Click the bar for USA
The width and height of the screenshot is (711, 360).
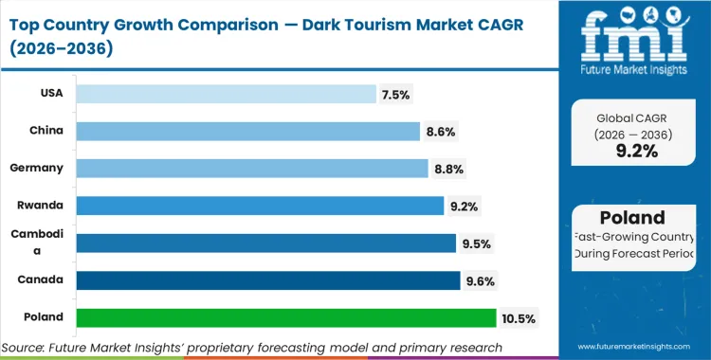coord(226,93)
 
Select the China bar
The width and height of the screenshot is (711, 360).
coord(247,131)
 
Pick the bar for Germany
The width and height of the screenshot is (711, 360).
coord(251,168)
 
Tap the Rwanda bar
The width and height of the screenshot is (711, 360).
coord(260,205)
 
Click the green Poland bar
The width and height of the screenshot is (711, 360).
coord(285,317)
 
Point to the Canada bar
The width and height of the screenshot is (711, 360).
coord(267,279)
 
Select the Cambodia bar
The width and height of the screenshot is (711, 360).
coord(265,243)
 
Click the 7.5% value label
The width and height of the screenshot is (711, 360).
coord(397,94)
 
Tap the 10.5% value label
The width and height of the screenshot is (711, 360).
coord(520,318)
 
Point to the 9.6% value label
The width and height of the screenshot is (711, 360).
coord(479,280)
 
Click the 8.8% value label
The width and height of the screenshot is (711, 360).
coord(449,169)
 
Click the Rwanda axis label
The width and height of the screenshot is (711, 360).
coord(42,205)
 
